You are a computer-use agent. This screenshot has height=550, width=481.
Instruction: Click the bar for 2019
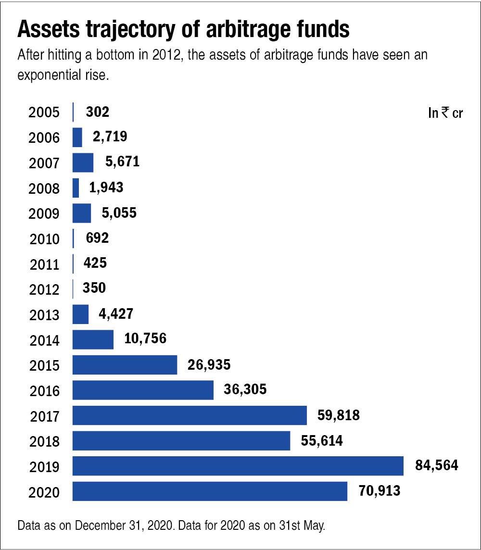click(238, 466)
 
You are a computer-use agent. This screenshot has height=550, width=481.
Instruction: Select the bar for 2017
click(190, 415)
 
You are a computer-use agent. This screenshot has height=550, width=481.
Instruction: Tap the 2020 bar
click(210, 491)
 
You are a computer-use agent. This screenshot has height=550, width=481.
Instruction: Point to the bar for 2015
click(125, 365)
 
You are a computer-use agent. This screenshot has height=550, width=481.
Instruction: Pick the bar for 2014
click(93, 339)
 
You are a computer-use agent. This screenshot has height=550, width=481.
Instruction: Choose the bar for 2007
click(83, 162)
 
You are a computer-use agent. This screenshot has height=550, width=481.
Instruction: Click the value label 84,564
click(436, 465)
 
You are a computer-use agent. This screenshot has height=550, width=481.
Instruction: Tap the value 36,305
click(245, 389)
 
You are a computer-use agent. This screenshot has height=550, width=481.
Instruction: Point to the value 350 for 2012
click(94, 288)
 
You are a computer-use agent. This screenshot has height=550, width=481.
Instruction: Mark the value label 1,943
click(106, 187)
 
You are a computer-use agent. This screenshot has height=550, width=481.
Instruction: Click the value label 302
click(97, 112)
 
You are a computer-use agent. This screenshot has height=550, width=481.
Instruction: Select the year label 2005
click(44, 113)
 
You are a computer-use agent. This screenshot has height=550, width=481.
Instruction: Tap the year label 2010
click(44, 239)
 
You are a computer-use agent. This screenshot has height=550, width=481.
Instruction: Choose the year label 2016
click(44, 390)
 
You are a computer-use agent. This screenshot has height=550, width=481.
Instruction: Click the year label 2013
click(44, 315)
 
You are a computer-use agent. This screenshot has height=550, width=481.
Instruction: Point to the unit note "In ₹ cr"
click(445, 113)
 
